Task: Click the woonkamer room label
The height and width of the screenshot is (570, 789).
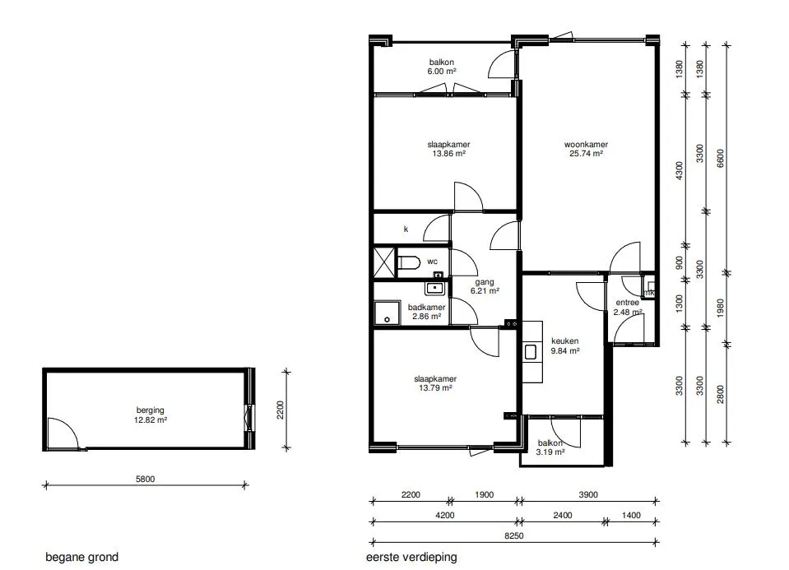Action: pos(586,145)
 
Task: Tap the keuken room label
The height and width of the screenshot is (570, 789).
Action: pos(564,341)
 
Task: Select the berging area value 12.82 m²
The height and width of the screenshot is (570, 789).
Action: pos(150,419)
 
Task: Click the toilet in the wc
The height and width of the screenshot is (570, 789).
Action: pos(409,262)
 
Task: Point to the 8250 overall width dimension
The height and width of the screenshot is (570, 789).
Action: pos(513,535)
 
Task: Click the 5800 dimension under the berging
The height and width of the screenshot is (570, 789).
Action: pos(145,479)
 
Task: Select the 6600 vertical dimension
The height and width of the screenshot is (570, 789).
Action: pos(720,159)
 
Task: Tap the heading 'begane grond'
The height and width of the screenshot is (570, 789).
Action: pos(82,557)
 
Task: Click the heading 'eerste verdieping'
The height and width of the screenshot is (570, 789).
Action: pos(411,557)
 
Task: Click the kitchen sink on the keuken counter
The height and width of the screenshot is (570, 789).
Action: pos(531,352)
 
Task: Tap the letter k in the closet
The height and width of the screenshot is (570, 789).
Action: pos(406,229)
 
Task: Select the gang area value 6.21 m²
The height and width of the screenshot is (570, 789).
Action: pos(485,291)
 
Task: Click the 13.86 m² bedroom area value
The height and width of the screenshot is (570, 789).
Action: pos(449,154)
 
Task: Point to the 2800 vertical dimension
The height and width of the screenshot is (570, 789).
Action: pos(720,395)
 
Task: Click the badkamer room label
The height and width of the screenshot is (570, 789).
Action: pos(426,308)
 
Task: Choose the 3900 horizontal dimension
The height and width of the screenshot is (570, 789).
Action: pos(587,494)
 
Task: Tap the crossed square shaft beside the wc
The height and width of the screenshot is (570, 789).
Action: pos(385,262)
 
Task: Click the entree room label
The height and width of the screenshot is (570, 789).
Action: pos(628,303)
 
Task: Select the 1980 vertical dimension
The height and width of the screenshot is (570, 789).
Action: pos(720,308)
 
